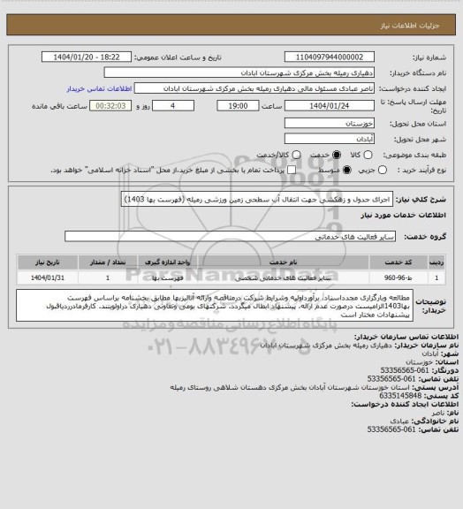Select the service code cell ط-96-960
coord(419,277)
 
